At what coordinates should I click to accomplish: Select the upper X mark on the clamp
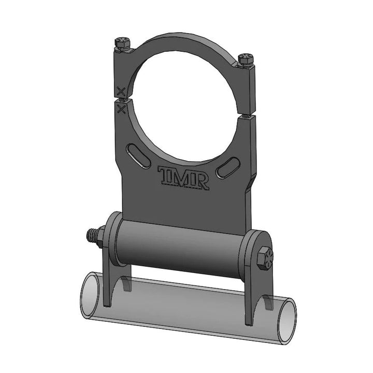pyautogui.click(x=121, y=92)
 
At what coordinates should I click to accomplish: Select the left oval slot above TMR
pyautogui.click(x=136, y=154)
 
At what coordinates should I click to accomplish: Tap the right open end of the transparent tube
pyautogui.click(x=286, y=318)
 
